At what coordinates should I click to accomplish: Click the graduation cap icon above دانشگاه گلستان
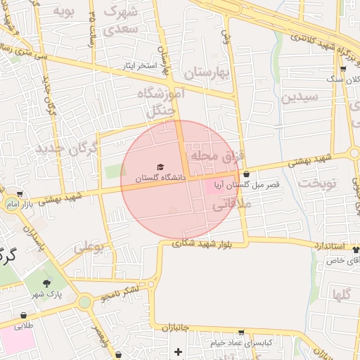[x=160, y=167]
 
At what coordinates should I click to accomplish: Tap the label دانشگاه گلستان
[x=160, y=179]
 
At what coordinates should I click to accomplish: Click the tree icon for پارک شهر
[x=46, y=283]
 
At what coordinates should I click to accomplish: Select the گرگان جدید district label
[x=60, y=148]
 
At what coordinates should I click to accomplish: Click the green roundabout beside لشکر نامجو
[x=85, y=302]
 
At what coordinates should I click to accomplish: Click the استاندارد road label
[x=326, y=246]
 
